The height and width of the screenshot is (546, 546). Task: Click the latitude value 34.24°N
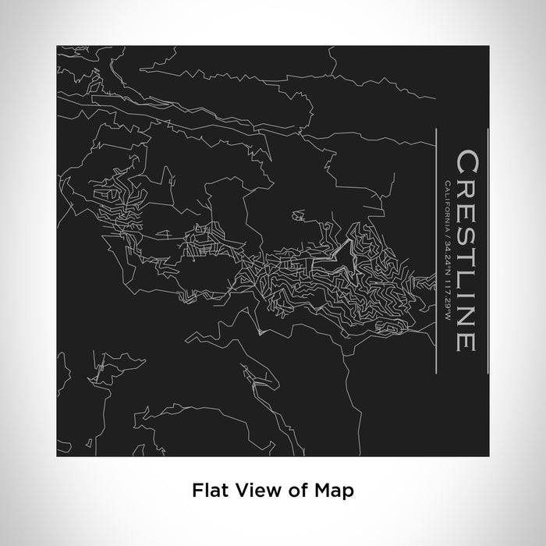(x=443, y=254)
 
